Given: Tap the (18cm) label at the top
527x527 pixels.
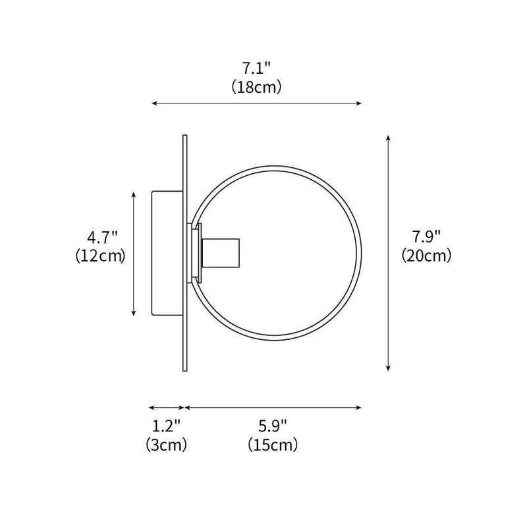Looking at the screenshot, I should coord(257,87).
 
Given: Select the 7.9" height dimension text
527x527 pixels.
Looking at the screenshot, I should coord(426,236).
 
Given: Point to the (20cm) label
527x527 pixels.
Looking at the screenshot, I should coord(426,256).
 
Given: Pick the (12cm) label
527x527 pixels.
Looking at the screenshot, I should coord(100,256).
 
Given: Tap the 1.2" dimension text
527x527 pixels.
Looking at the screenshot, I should coord(166,425).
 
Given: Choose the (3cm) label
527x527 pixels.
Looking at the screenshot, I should coord(166,445).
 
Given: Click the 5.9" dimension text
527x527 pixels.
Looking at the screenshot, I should coord(273,425).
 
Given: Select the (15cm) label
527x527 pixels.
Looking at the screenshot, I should coord(273,445).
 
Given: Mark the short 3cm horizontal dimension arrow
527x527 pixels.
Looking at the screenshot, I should coord(166,407).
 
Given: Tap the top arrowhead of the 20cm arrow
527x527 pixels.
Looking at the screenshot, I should coord(389,138).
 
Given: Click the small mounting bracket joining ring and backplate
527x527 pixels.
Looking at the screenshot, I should coord(195,253).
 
